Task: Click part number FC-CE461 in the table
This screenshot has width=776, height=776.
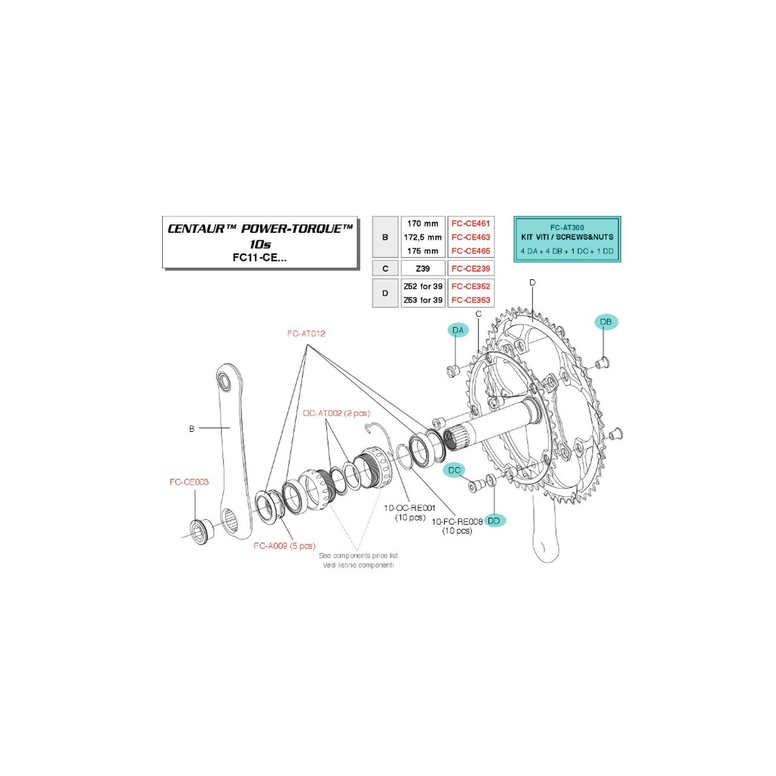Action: point(470,224)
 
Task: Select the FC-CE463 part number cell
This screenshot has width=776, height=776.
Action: point(470,237)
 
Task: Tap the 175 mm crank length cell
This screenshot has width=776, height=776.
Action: point(422,251)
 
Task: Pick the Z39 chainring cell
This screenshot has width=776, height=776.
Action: point(422,268)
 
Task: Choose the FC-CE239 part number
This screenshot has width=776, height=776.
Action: point(470,268)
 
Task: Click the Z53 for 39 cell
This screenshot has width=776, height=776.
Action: point(423,300)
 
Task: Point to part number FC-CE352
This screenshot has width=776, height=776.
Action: point(470,286)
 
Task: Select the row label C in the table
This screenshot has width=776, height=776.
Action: point(385,268)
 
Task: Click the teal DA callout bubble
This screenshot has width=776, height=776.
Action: point(458,330)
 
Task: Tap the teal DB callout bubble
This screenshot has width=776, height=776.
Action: point(606,322)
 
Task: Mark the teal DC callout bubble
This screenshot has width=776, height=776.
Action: point(454,470)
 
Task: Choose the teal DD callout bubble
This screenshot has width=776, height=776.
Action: point(494,521)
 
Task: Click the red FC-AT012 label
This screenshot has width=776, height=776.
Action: point(306,334)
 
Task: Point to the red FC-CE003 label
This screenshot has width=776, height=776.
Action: point(189,482)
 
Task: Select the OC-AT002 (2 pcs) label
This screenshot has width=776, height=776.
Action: point(336,413)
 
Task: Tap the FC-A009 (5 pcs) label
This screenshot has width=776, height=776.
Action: point(285,546)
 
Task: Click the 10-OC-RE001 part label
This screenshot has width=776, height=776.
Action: point(410,508)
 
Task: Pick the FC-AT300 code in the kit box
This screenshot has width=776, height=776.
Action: point(567,227)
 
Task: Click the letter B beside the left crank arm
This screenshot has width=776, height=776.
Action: point(192,429)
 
